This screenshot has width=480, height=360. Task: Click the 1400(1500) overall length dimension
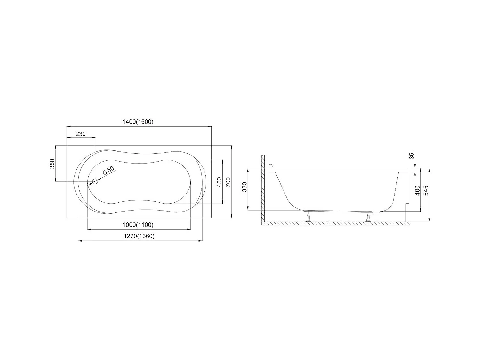point(138,122)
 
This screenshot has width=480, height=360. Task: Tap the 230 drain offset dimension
point(80,134)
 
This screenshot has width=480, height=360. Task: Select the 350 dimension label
point(52,164)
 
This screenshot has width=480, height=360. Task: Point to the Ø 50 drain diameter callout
point(108,170)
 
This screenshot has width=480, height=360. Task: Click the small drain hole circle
point(95,181)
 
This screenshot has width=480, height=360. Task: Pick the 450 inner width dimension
point(219,182)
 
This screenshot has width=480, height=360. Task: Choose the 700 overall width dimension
point(228,182)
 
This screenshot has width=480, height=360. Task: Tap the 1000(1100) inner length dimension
point(138,225)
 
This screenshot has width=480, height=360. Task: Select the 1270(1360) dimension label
point(139,236)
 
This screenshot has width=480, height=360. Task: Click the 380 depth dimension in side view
point(244,187)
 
